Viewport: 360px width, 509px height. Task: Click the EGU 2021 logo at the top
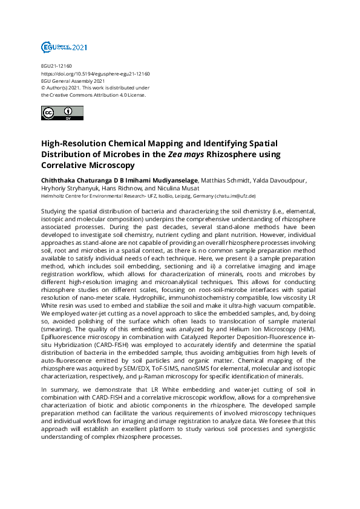tap(64, 47)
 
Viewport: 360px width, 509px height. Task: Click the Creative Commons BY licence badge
tap(62, 114)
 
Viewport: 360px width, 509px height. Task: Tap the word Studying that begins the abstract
tap(54, 207)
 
